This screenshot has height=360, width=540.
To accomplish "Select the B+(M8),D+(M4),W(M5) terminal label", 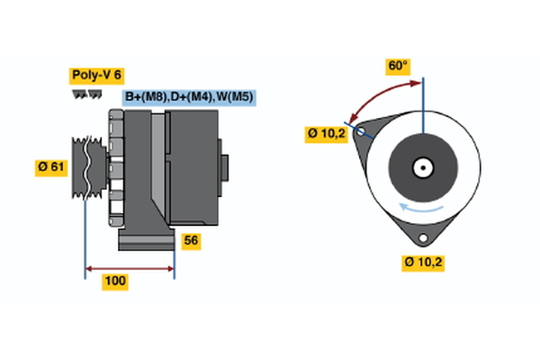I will (190, 97).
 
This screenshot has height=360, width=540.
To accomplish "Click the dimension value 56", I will (190, 240).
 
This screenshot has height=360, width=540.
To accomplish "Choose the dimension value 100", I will (114, 282).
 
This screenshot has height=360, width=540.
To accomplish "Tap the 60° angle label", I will (398, 66).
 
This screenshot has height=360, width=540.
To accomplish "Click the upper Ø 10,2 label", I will (326, 134).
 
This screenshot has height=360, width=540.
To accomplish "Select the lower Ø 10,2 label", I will (424, 263).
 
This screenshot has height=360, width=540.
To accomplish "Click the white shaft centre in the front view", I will (421, 167).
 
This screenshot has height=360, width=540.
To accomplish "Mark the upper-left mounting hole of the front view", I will (362, 131).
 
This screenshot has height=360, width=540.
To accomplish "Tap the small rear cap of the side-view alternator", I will (225, 167).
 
